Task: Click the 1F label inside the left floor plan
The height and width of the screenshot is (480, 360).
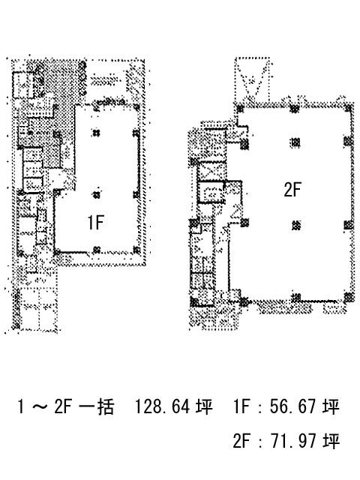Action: click(95, 222)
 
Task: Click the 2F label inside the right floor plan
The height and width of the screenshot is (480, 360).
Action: click(292, 189)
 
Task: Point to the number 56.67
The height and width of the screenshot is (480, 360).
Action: click(292, 406)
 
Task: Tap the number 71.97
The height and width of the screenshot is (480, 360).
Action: click(292, 441)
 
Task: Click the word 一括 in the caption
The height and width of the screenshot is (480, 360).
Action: click(97, 406)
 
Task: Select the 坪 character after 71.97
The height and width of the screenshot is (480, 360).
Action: click(331, 441)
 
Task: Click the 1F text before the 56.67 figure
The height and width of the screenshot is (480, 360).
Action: click(242, 406)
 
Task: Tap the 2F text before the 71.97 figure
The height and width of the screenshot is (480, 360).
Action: click(242, 441)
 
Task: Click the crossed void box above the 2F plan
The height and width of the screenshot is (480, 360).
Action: click(252, 79)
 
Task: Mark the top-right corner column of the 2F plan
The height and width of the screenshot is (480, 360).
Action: click(349, 108)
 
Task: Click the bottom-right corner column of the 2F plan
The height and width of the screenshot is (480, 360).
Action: click(349, 298)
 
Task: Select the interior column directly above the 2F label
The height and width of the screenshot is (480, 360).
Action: click(295, 142)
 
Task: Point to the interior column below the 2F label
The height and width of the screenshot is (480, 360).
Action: click(295, 226)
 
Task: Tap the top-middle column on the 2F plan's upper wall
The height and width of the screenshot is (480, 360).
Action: click(295, 109)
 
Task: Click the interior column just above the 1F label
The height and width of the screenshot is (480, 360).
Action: click(97, 195)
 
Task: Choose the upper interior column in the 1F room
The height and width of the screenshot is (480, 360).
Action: click(96, 133)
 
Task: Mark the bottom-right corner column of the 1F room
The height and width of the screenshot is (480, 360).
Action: click(136, 250)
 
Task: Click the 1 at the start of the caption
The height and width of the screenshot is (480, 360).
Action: click(20, 406)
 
